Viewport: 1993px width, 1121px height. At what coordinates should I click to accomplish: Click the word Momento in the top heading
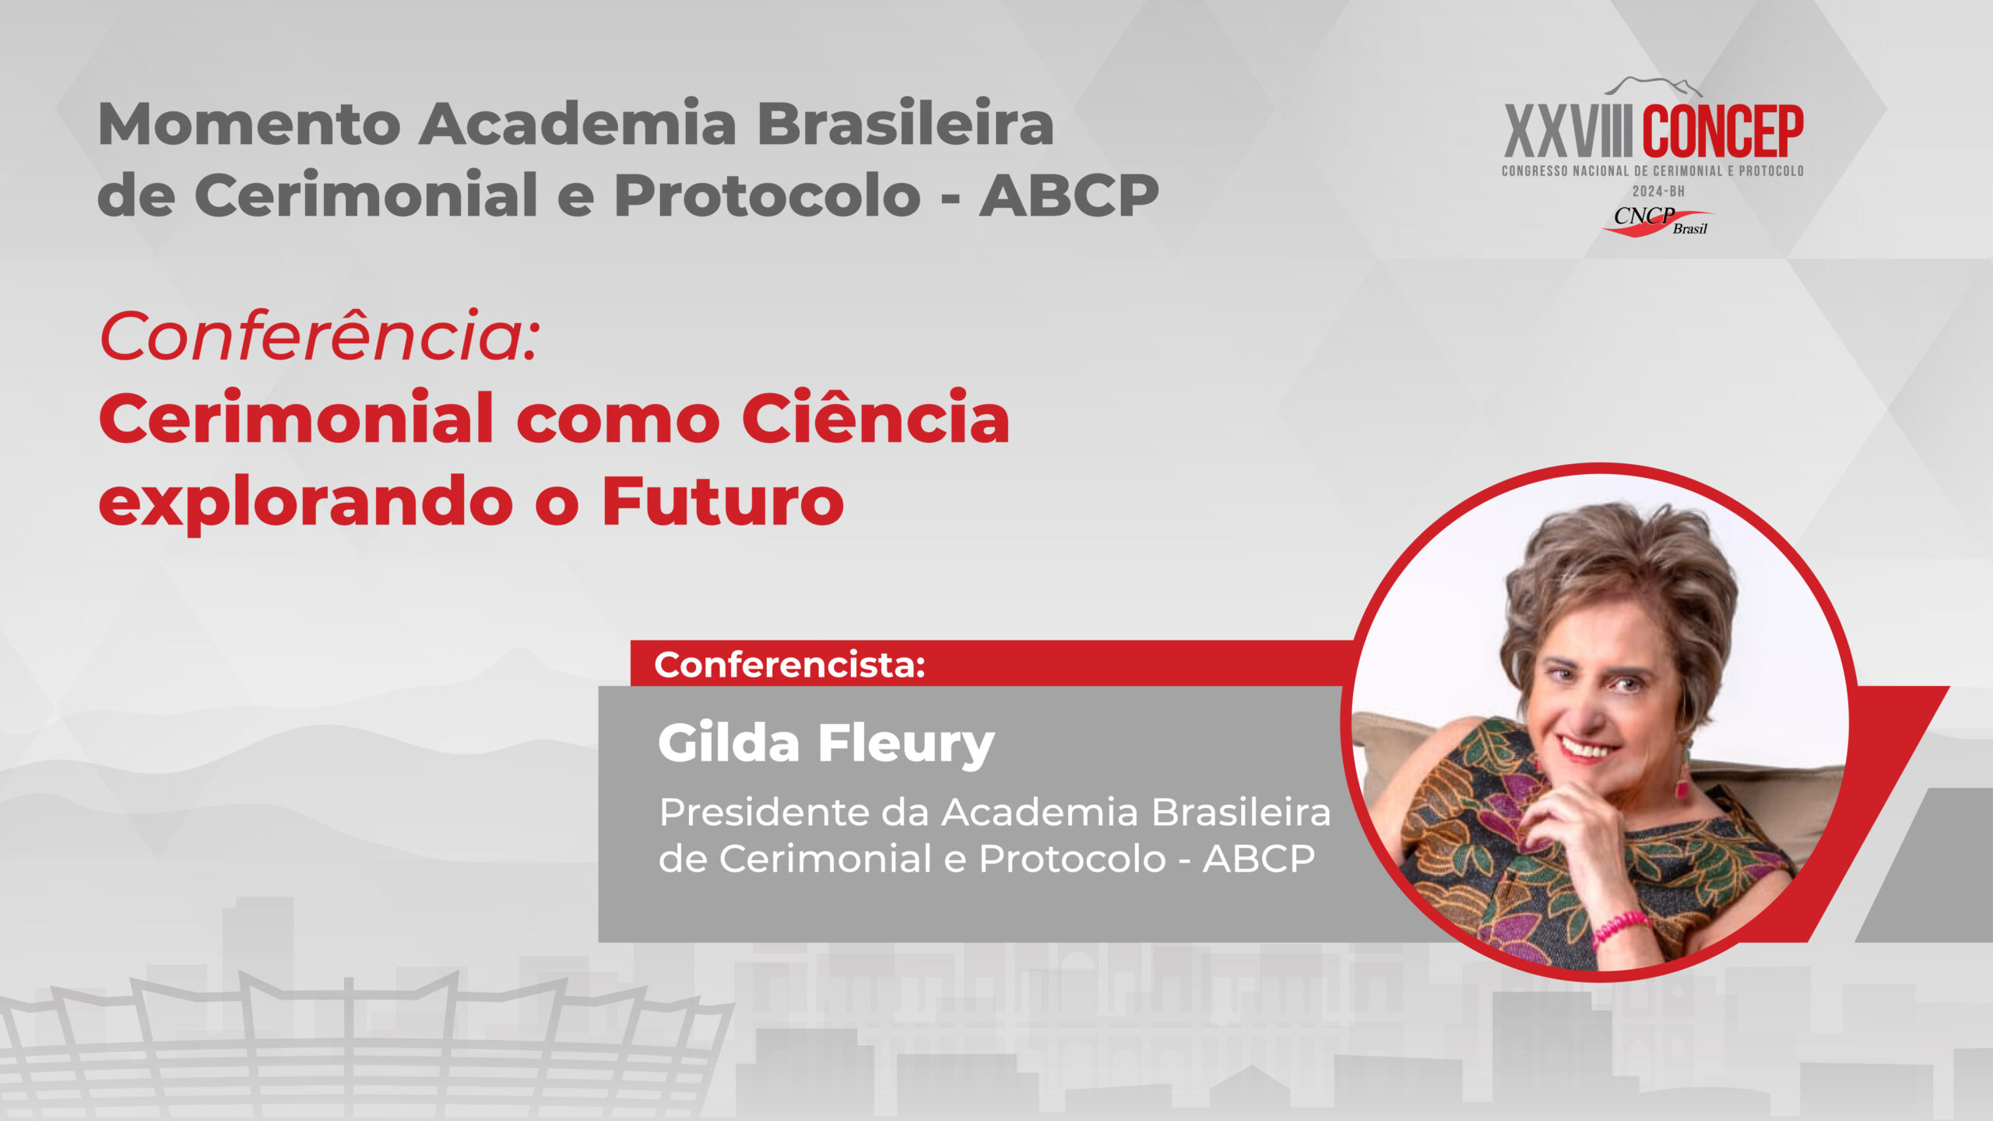tap(249, 125)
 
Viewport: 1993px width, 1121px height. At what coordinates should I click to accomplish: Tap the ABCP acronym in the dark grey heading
tap(1069, 195)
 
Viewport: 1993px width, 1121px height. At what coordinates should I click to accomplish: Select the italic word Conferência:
tap(320, 336)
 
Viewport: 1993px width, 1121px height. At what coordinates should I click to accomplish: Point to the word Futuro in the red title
tap(723, 501)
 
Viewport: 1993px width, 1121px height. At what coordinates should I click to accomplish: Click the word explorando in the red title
tap(306, 504)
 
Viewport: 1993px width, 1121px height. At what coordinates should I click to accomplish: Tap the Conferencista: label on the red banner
tap(789, 664)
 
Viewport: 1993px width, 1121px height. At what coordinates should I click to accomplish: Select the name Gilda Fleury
tap(826, 743)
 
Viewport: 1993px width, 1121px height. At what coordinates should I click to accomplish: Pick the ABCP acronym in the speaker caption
tap(1259, 859)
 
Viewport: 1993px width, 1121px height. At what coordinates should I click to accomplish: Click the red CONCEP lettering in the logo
tap(1723, 132)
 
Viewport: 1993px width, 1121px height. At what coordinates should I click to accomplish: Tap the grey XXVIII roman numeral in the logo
tap(1567, 132)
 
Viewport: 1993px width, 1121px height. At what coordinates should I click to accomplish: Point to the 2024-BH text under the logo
tap(1658, 191)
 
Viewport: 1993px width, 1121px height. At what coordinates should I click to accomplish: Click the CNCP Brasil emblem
tap(1658, 221)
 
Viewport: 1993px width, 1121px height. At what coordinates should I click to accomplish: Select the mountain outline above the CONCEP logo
tap(1657, 86)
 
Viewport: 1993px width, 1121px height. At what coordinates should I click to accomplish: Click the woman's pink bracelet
tap(1622, 928)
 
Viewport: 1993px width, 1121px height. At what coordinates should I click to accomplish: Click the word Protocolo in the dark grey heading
tap(767, 195)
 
